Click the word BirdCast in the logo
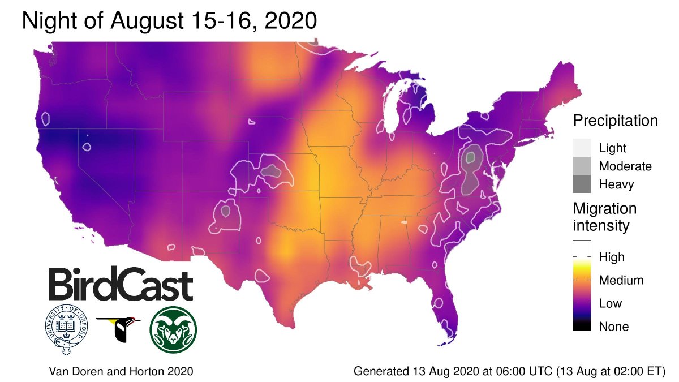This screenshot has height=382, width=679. click(x=120, y=285)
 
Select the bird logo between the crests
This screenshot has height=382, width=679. click(x=119, y=329)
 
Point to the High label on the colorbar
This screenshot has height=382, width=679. click(x=612, y=257)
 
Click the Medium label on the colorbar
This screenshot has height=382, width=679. click(x=621, y=280)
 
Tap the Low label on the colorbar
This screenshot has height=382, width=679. click(x=611, y=303)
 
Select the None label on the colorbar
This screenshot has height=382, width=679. click(x=614, y=327)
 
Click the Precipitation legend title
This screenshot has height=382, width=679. click(x=615, y=121)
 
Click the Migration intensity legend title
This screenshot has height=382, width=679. click(x=604, y=217)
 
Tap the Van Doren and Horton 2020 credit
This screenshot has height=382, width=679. click(x=121, y=372)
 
